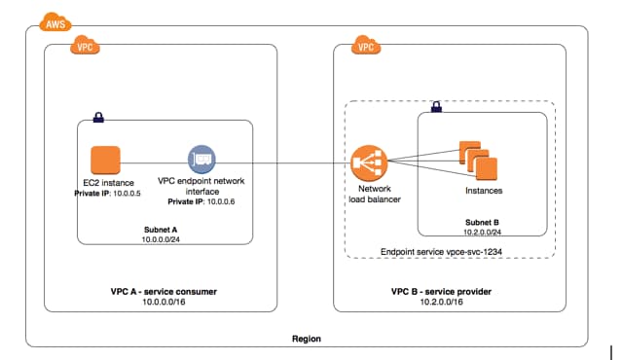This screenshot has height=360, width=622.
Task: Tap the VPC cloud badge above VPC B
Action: click(x=365, y=46)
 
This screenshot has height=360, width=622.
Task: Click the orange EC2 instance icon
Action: click(x=103, y=160)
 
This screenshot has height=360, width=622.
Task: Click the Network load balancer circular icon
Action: click(x=370, y=162)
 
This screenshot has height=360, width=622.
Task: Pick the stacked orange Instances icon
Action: click(x=477, y=161)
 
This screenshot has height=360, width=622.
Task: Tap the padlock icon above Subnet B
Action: click(x=435, y=104)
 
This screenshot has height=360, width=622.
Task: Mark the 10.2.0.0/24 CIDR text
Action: click(x=484, y=232)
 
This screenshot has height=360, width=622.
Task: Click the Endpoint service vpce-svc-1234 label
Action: click(x=450, y=251)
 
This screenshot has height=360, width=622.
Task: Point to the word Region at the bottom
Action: click(x=307, y=339)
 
